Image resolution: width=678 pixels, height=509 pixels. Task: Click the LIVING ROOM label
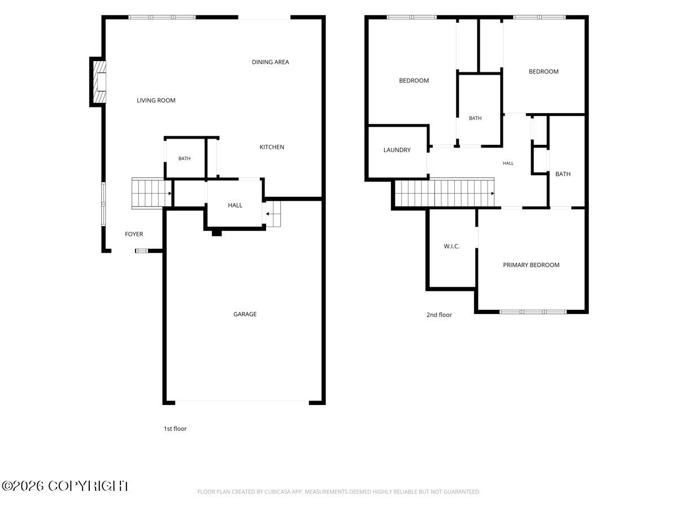[156, 101]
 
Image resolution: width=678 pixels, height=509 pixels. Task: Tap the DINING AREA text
[270, 62]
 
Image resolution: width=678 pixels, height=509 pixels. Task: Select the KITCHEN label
[272, 147]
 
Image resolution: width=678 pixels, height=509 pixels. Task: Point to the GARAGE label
[245, 314]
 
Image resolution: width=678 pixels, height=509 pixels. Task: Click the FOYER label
[134, 234]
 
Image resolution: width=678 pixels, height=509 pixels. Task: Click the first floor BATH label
[184, 158]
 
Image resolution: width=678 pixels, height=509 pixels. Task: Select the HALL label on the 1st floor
[235, 205]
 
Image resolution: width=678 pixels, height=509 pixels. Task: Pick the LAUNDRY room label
[397, 150]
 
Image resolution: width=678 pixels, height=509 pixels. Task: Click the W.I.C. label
[451, 247]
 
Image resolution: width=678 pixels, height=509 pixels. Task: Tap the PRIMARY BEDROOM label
[531, 265]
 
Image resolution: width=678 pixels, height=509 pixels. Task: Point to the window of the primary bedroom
[533, 312]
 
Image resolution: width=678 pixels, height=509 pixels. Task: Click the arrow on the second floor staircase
[493, 193]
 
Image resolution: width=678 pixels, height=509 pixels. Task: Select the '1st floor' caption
[175, 429]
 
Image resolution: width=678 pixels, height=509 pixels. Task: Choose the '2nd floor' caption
[439, 315]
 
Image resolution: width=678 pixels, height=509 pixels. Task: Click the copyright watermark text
[66, 486]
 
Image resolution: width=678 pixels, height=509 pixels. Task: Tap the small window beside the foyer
[141, 251]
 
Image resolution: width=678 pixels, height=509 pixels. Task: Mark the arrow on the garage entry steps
[267, 214]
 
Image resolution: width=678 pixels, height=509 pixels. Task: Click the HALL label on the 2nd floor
[508, 163]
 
